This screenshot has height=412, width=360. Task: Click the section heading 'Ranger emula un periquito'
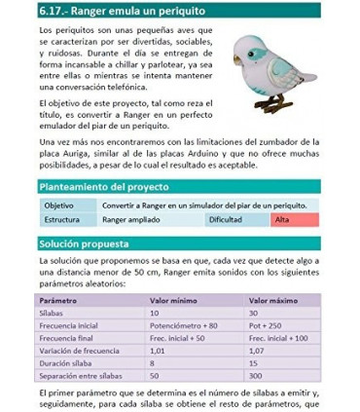126,12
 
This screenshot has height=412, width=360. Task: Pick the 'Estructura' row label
62,220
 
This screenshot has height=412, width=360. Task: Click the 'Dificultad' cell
225,220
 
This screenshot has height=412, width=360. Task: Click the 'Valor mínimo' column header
174,301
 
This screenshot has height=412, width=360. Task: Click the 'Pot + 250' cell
267,325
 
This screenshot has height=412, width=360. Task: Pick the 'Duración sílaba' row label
68,362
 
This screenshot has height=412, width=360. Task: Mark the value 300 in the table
257,375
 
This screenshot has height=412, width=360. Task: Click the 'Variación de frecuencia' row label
80,350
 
